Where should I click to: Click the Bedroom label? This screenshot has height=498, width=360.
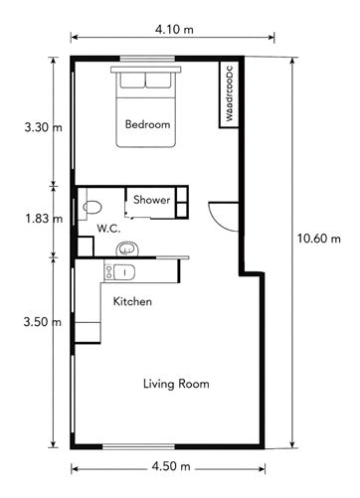(147, 125)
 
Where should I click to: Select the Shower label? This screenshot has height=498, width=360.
(151, 200)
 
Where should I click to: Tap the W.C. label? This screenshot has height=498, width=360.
(109, 229)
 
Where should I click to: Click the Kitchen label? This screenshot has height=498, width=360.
(132, 301)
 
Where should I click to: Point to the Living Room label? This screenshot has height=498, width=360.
(176, 383)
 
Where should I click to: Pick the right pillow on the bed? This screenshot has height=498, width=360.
(161, 80)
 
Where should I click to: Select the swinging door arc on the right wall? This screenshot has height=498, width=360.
(221, 212)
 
